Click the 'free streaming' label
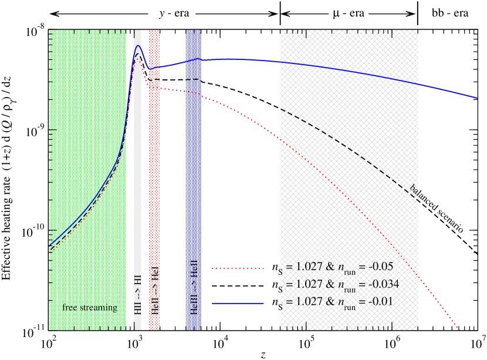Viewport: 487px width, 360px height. [90, 308]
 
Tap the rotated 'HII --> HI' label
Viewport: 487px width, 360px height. [138, 294]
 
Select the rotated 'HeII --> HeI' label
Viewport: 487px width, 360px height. [155, 291]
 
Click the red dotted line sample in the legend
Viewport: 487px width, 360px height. [238, 267]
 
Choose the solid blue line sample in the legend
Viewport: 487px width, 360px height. [238, 302]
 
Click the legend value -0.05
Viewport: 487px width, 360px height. [382, 267]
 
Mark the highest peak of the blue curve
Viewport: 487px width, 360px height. [138, 46]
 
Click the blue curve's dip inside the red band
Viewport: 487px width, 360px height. [150, 69]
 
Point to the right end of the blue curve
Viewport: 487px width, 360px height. [476, 97]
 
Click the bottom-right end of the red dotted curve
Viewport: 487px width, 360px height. [459, 329]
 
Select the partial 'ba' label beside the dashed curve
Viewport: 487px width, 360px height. [414, 189]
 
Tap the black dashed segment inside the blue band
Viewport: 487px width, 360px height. [194, 79]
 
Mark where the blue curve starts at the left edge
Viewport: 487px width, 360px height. [50, 245]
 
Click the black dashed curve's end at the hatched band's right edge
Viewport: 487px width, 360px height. [417, 200]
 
